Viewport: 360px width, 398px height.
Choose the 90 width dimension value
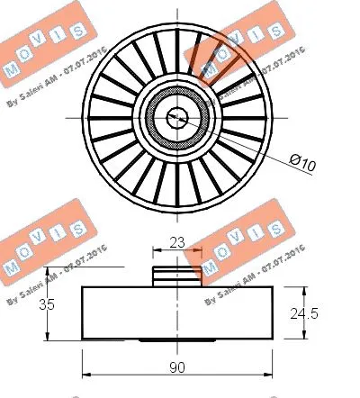(177, 367)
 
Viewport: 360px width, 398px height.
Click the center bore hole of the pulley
(177, 114)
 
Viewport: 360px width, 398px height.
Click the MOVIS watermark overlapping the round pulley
(229, 54)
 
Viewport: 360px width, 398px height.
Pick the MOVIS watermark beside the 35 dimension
(40, 252)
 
